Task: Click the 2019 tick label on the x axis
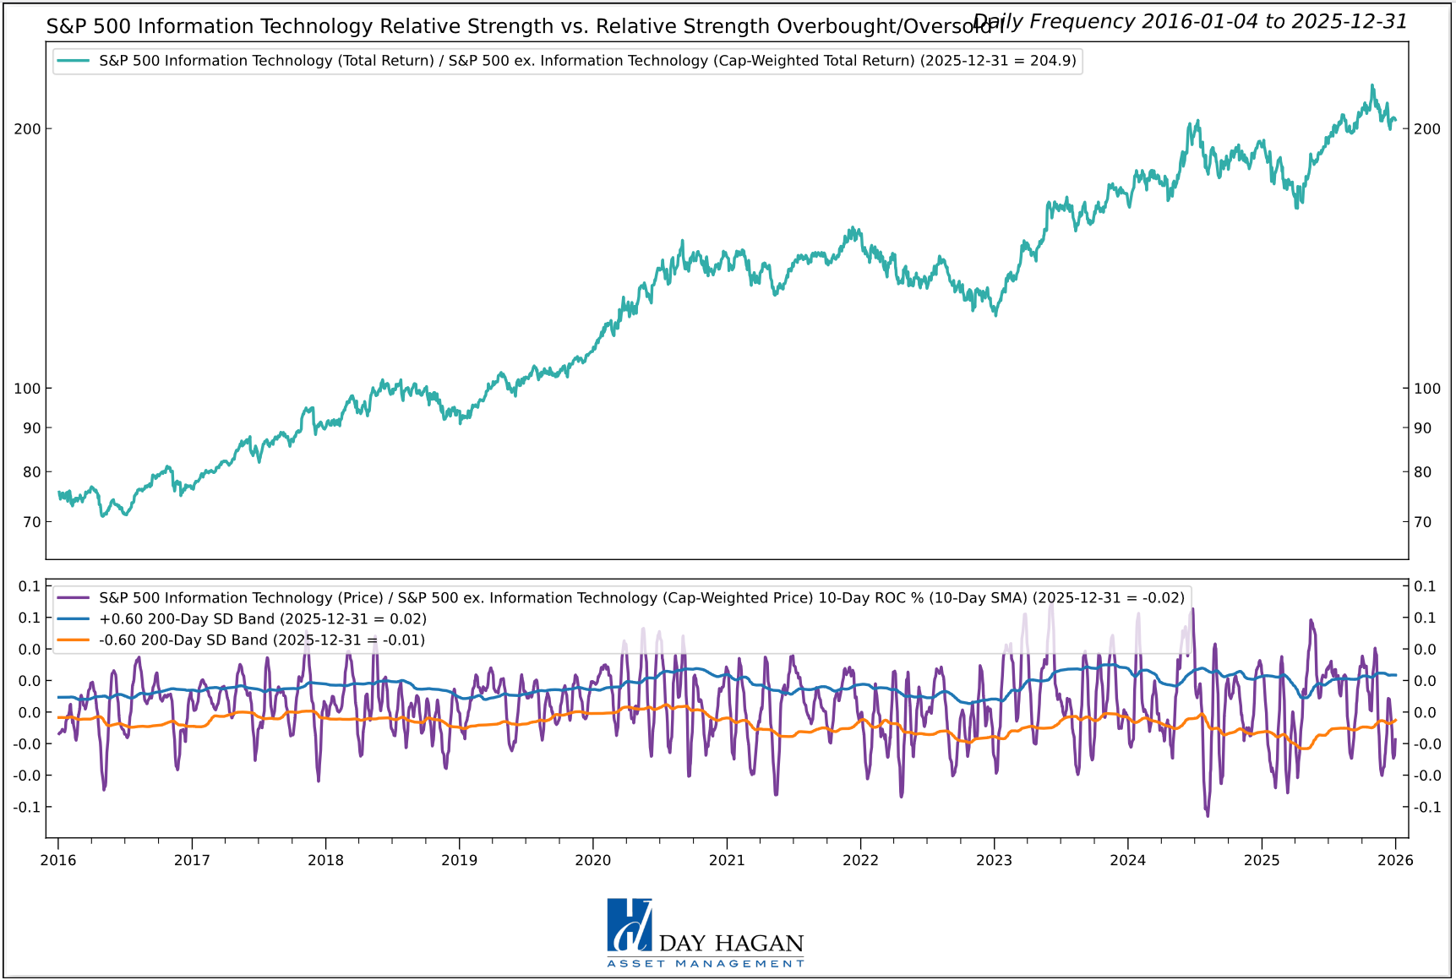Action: (459, 860)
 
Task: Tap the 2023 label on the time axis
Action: (994, 860)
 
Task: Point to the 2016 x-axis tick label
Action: (57, 860)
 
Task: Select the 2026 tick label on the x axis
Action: (1395, 860)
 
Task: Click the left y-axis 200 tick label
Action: (28, 129)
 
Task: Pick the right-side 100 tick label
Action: (1427, 389)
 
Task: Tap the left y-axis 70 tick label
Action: (31, 522)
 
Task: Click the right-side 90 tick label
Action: (1423, 428)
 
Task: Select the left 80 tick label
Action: (31, 472)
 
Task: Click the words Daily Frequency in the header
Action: (1053, 21)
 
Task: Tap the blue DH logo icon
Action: (630, 925)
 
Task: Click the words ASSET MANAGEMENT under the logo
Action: (706, 964)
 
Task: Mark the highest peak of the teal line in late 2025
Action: (1371, 85)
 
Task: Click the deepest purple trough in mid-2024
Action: (1208, 815)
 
